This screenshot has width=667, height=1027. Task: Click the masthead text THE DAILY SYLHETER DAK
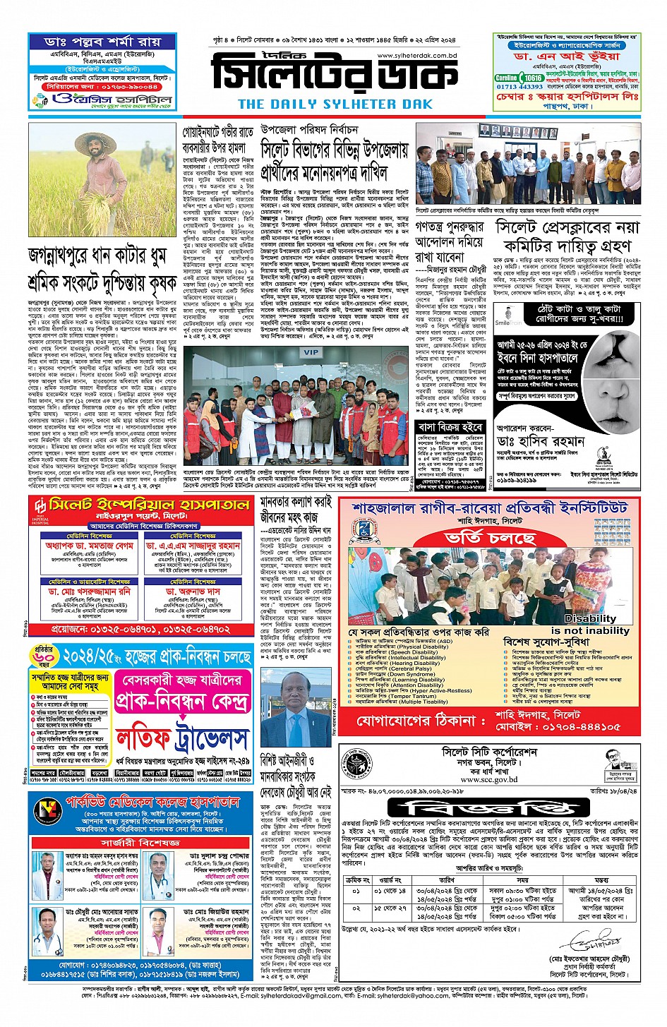(x=335, y=104)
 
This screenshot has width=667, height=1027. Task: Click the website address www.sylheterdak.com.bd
(x=417, y=55)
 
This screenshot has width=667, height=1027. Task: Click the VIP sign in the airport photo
(x=311, y=352)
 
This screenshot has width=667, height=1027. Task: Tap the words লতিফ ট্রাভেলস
(x=183, y=737)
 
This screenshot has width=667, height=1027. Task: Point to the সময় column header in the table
(x=522, y=879)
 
